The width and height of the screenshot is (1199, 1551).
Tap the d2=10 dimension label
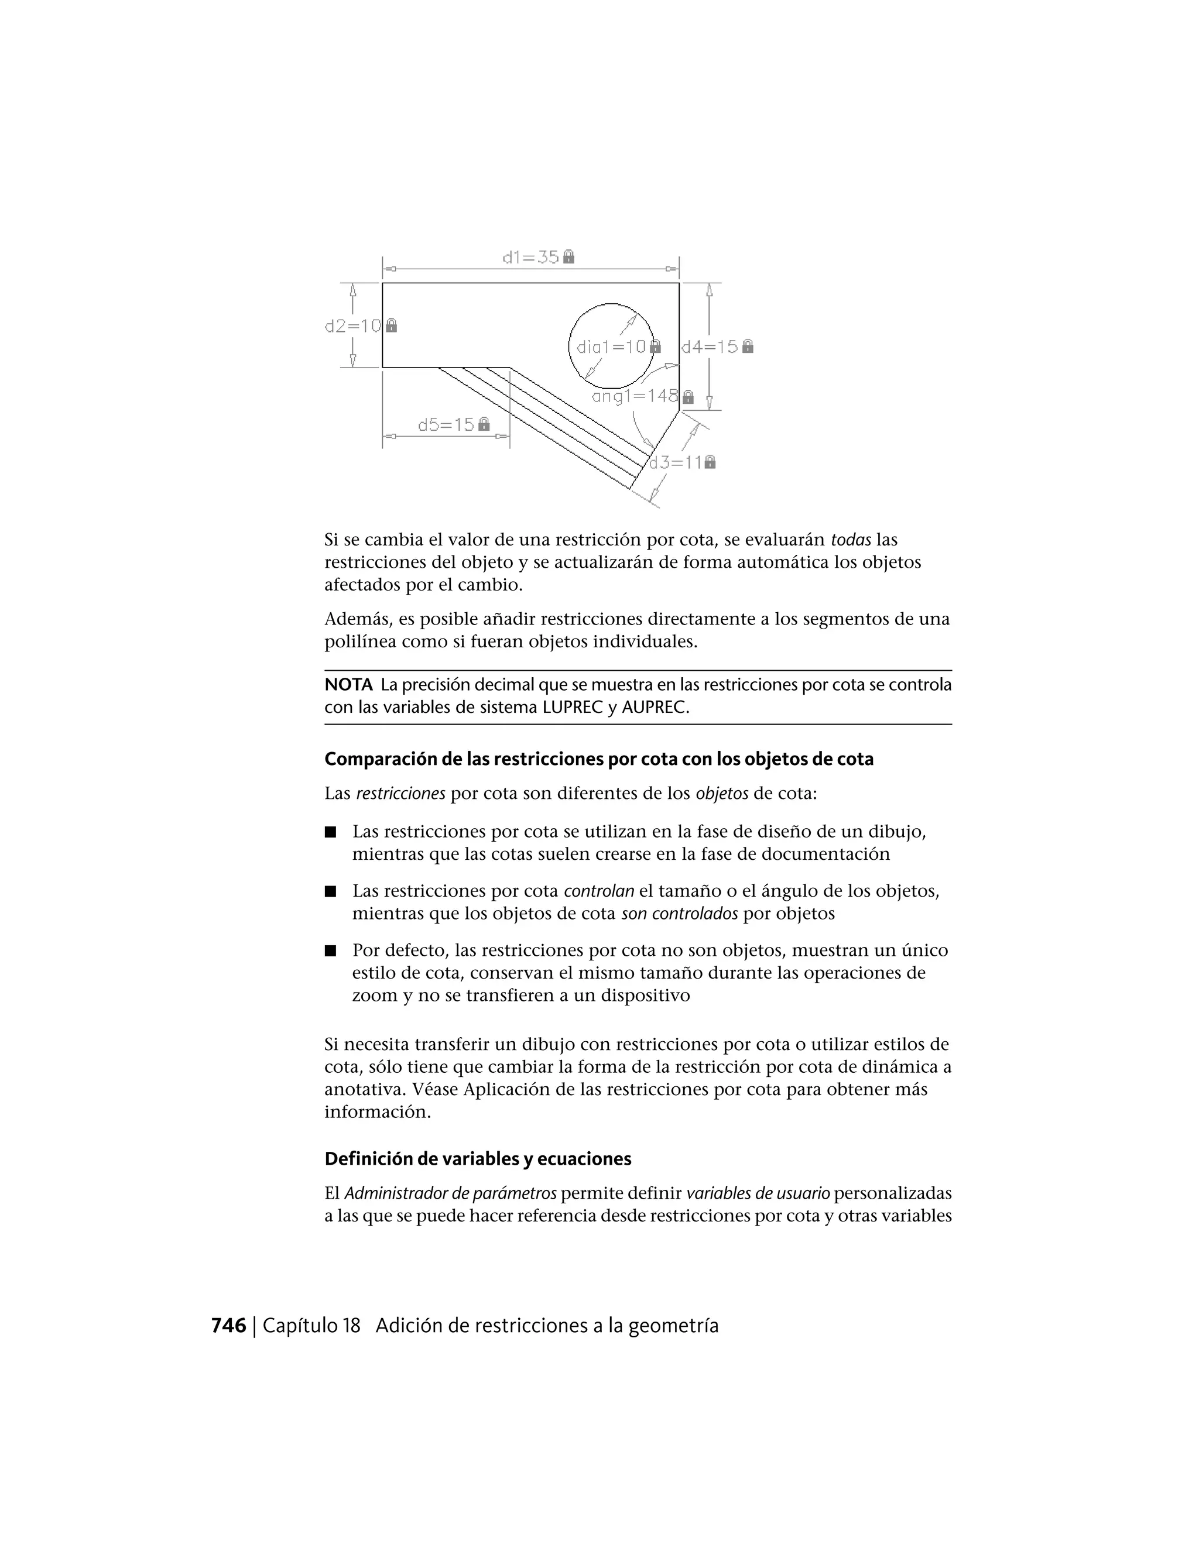pos(354,326)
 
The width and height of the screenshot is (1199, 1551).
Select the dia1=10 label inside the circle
pos(611,346)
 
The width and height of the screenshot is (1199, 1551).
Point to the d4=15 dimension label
pos(710,346)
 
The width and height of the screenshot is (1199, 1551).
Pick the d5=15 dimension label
pos(446,425)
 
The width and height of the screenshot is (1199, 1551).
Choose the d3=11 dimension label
pos(676,462)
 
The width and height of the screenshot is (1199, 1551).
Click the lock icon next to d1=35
pos(569,256)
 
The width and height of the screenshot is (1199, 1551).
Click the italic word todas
pos(850,540)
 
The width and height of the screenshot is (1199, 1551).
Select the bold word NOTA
pos(348,685)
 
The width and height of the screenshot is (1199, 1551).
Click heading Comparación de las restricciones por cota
pos(599,759)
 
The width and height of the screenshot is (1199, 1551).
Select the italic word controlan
pos(599,891)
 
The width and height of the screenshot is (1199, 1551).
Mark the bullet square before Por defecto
pos(330,951)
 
